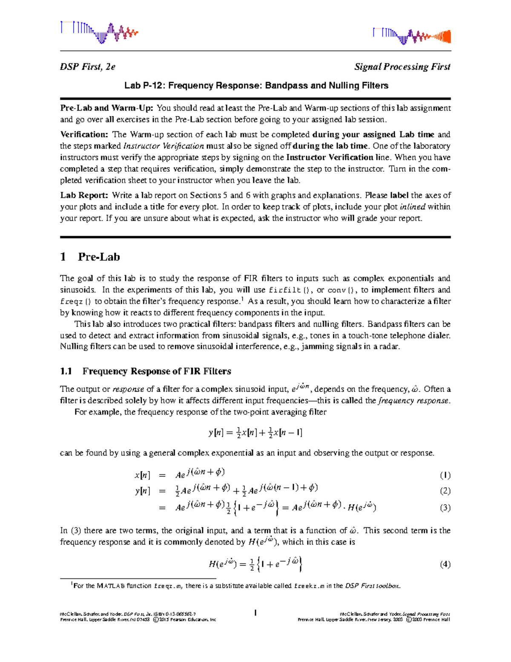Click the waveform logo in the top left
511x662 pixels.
point(99,32)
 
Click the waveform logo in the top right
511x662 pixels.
point(411,36)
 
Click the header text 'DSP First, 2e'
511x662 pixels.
point(88,67)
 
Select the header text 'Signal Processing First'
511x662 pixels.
point(402,67)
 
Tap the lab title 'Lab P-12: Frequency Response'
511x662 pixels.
point(256,86)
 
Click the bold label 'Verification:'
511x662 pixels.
point(84,135)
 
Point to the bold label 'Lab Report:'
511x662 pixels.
point(84,196)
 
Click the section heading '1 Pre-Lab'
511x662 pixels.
point(90,257)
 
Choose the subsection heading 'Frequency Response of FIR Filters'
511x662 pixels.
point(157,371)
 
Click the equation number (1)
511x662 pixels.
point(445,475)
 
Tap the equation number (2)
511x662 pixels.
point(445,491)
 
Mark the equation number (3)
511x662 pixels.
point(445,508)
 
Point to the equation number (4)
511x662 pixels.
point(445,565)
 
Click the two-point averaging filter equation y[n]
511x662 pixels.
point(255,433)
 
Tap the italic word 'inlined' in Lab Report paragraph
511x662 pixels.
point(413,207)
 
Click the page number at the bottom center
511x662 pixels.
point(255,613)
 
